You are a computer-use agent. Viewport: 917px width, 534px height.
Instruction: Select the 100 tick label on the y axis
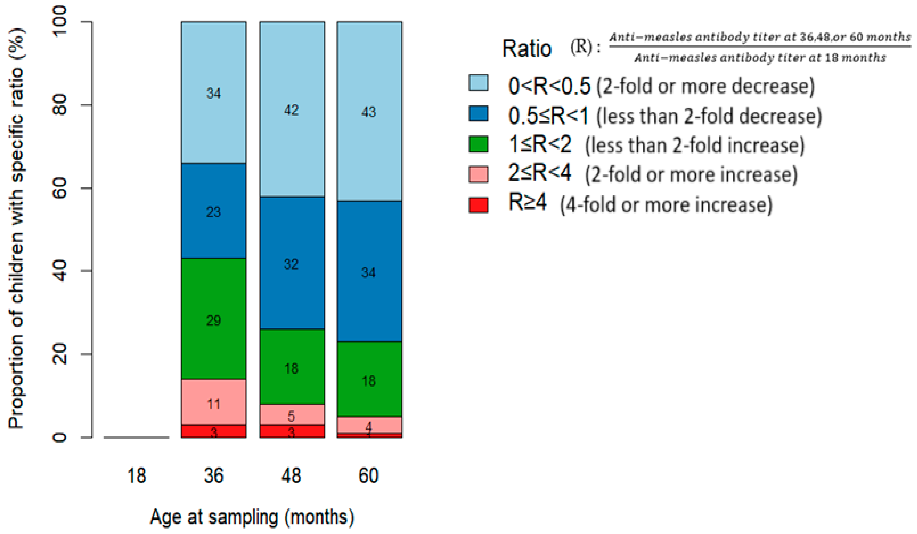(60, 21)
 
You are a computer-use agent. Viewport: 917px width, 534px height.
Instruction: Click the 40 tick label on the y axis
(60, 271)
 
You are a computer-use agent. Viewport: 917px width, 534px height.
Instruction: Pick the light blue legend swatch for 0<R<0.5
(479, 83)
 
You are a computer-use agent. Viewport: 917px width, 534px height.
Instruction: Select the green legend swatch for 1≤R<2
(479, 144)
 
